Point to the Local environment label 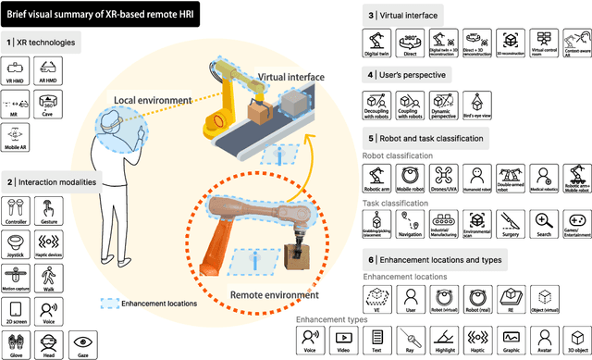click(x=154, y=99)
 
